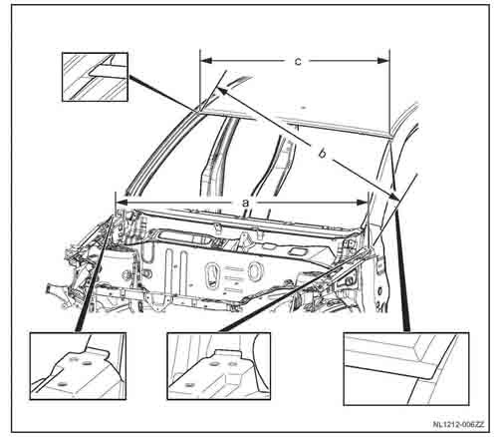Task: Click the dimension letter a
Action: point(245,203)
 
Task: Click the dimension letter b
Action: point(322,154)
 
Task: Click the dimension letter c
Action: point(298,61)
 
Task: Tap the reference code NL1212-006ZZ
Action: point(459,424)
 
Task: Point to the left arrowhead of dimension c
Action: point(206,61)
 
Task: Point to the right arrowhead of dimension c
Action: point(382,61)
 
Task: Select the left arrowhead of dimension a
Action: point(122,202)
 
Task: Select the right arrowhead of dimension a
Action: point(362,202)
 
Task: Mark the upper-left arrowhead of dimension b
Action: point(222,91)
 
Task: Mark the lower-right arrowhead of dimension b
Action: point(393,197)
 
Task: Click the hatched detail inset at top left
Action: point(95,77)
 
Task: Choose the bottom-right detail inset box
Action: point(405,369)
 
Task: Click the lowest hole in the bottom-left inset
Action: point(61,384)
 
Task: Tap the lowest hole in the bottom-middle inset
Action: point(189,385)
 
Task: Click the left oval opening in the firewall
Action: point(211,274)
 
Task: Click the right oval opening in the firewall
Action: point(254,270)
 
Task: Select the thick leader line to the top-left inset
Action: point(161,95)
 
